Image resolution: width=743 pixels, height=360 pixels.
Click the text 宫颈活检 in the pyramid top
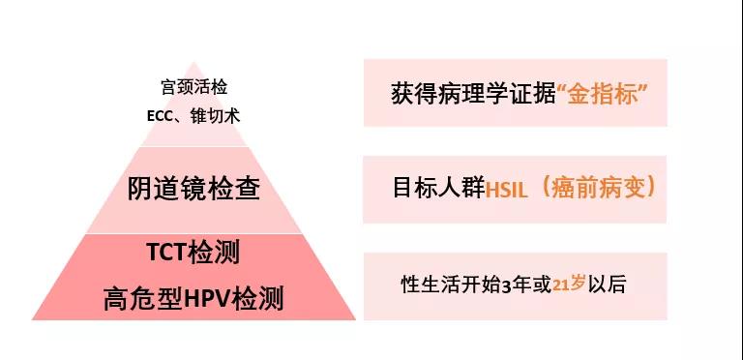(x=193, y=86)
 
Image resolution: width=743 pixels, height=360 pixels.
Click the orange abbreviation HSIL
(x=501, y=188)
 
